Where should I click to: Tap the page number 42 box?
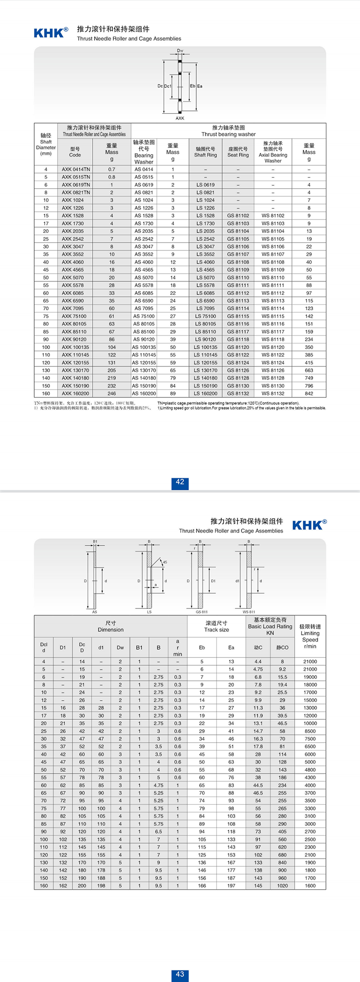pyautogui.click(x=180, y=482)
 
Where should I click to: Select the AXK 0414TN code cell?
pyautogui.click(x=76, y=170)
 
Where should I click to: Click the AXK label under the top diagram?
pyautogui.click(x=180, y=118)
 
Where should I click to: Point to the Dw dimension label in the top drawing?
pyautogui.click(x=180, y=50)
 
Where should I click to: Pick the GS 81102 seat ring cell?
pyautogui.click(x=238, y=216)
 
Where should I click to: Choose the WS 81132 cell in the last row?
pyautogui.click(x=273, y=394)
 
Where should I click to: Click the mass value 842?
pyautogui.click(x=309, y=394)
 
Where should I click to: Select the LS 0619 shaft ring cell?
pyautogui.click(x=205, y=185)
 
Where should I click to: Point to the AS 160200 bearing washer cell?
pyautogui.click(x=144, y=394)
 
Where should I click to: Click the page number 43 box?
pyautogui.click(x=180, y=974)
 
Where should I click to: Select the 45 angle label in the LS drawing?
pyautogui.click(x=165, y=562)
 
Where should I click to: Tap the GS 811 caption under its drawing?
pyautogui.click(x=202, y=612)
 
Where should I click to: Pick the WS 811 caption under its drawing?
pyautogui.click(x=249, y=612)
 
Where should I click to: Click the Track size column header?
pyautogui.click(x=216, y=626)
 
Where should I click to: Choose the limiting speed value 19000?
pyautogui.click(x=310, y=677)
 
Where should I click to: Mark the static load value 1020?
pyautogui.click(x=282, y=885)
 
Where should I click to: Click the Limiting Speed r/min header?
pyautogui.click(x=310, y=636)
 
